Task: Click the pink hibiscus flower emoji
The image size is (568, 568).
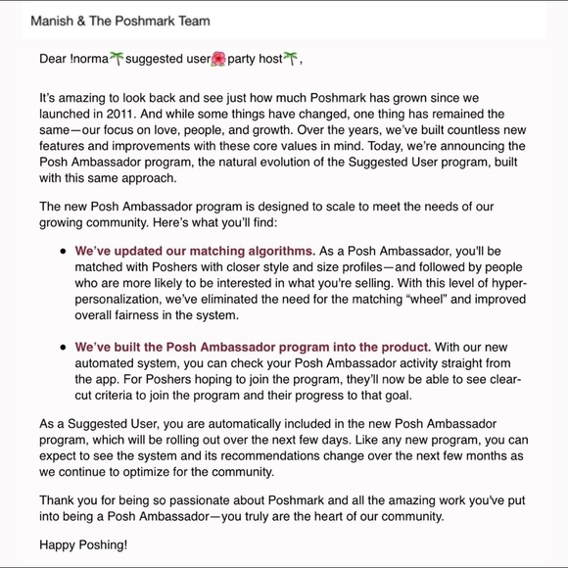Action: (218, 60)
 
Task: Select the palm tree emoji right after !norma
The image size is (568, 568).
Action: (117, 60)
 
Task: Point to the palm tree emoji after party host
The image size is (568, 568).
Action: (291, 60)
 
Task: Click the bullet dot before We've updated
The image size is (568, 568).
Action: (64, 251)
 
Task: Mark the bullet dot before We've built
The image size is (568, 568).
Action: (64, 347)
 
